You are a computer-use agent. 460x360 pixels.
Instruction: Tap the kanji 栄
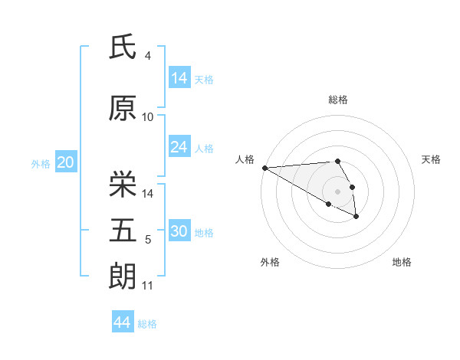click(x=123, y=185)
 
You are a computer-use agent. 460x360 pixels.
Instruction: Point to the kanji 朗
click(x=123, y=276)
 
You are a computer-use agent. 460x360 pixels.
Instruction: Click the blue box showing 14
click(x=179, y=78)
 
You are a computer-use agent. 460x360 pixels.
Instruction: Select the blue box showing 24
click(x=179, y=147)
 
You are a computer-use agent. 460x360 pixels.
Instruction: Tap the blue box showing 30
click(x=179, y=231)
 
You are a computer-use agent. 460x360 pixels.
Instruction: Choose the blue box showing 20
click(x=66, y=162)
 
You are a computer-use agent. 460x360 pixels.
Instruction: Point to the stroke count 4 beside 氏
click(x=147, y=55)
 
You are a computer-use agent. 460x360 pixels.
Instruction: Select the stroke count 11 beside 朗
click(x=147, y=286)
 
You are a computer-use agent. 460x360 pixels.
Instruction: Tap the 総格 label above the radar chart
click(x=338, y=100)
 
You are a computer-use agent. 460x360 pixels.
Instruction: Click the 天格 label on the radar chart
click(x=432, y=159)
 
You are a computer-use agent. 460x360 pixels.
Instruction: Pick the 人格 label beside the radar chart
click(x=245, y=159)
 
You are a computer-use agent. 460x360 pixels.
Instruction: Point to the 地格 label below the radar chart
click(x=402, y=262)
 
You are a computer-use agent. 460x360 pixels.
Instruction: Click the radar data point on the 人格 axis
click(x=264, y=168)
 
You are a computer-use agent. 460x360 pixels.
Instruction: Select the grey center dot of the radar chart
click(x=338, y=191)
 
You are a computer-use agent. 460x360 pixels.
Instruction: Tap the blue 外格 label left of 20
click(x=41, y=163)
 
